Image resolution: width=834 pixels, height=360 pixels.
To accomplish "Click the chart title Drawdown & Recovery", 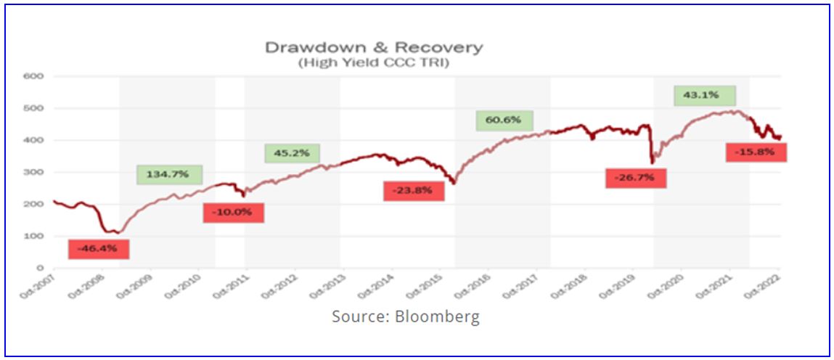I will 373,48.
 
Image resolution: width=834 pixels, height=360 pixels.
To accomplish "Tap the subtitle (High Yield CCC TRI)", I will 373,63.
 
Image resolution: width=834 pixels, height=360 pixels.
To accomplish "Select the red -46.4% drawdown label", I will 99,248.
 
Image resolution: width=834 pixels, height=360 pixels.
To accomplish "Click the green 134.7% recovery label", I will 169,175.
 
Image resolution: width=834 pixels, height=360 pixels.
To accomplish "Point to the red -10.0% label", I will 233,212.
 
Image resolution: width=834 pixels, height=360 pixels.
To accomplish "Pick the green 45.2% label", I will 291,153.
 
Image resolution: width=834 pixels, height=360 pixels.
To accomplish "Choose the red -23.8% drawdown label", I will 413,191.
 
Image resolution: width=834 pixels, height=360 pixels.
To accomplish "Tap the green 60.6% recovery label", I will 504,120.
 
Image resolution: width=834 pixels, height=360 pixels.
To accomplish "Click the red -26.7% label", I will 635,178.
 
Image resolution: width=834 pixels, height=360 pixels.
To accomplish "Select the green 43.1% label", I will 705,95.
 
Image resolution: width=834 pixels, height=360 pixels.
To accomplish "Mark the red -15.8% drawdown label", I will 756,152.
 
